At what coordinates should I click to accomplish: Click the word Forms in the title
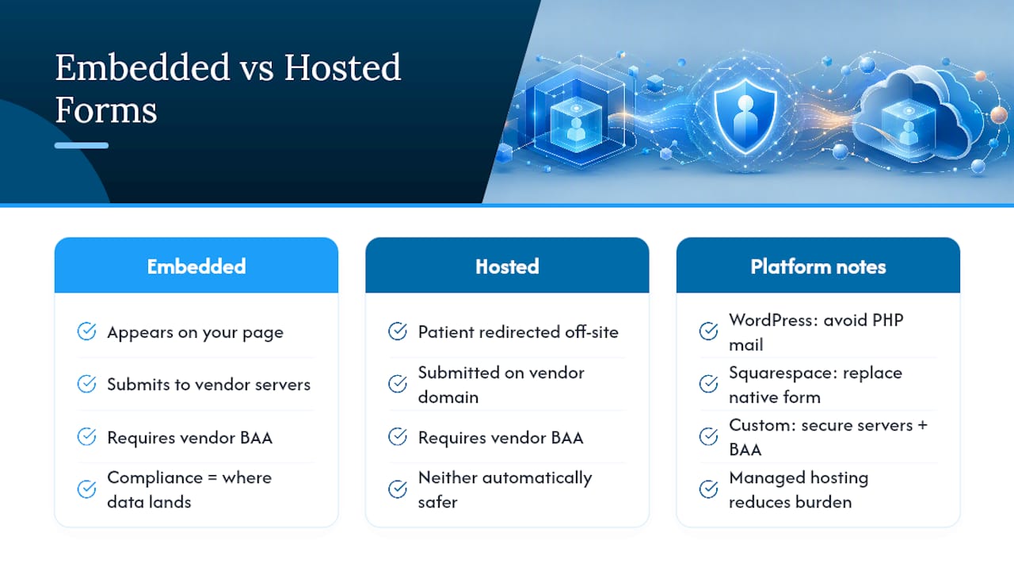pos(106,110)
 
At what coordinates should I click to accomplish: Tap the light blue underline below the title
pos(82,145)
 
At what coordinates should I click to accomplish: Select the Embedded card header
pos(196,265)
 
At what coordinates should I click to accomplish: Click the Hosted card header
pos(507,265)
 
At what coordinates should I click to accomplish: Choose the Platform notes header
pos(818,265)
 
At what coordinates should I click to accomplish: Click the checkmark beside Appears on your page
pos(86,331)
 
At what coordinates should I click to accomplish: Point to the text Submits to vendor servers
pos(208,385)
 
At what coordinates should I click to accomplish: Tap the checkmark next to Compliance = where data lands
pos(86,489)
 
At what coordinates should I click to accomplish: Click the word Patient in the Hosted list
pos(446,332)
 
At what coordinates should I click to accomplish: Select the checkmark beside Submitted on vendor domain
pos(398,384)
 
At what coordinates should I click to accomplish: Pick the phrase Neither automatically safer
pos(505,490)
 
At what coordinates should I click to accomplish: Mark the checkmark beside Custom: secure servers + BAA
pos(708,436)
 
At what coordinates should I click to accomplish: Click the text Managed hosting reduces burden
pos(799,490)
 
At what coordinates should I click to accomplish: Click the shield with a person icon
pos(745,115)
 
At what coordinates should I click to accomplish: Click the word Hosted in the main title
pos(342,67)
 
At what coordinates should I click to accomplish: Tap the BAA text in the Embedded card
pos(256,438)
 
